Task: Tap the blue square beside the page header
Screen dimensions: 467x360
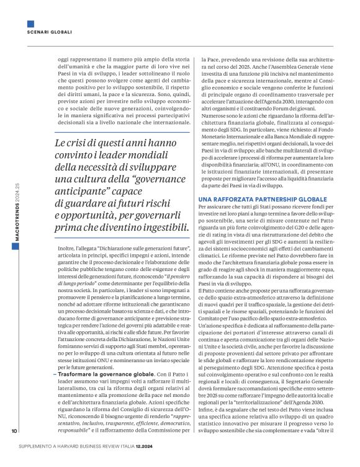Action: (30, 24)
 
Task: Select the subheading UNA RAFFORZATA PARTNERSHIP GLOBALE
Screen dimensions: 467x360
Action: (252, 181)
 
